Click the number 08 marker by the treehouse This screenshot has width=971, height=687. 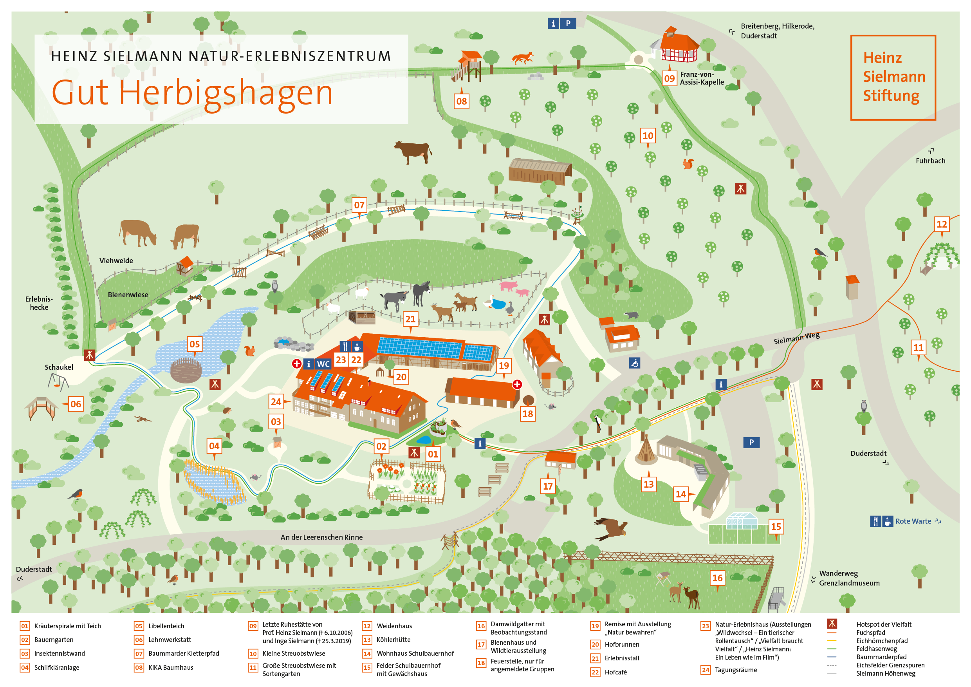(461, 101)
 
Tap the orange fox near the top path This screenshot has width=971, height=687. (523, 58)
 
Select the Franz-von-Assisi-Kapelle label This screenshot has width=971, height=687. (702, 78)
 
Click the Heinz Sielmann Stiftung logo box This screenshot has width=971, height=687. (893, 78)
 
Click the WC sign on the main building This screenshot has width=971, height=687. (323, 364)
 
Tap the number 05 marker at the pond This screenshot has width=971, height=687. (195, 344)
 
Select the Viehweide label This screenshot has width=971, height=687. (116, 261)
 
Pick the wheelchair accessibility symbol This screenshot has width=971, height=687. (634, 363)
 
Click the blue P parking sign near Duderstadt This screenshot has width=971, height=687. (751, 443)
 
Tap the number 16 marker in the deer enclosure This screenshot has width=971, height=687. (717, 578)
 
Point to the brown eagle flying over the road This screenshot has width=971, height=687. (611, 529)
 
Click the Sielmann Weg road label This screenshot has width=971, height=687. (796, 338)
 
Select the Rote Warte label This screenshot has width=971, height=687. (913, 521)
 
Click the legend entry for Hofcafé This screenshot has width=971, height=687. (615, 672)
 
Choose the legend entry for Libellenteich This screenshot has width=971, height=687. (166, 626)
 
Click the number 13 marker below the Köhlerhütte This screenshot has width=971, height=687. (648, 485)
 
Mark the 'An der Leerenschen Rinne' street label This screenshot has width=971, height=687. (321, 537)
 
